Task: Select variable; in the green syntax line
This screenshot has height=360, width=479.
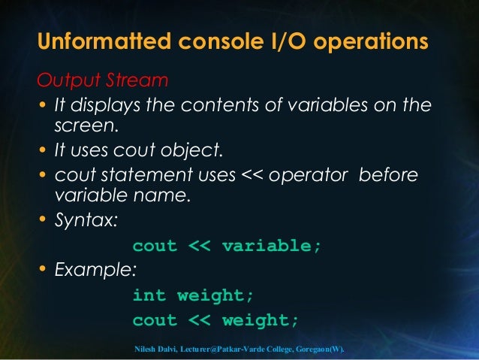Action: click(x=273, y=247)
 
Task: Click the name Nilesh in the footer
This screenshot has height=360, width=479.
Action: click(x=146, y=350)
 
